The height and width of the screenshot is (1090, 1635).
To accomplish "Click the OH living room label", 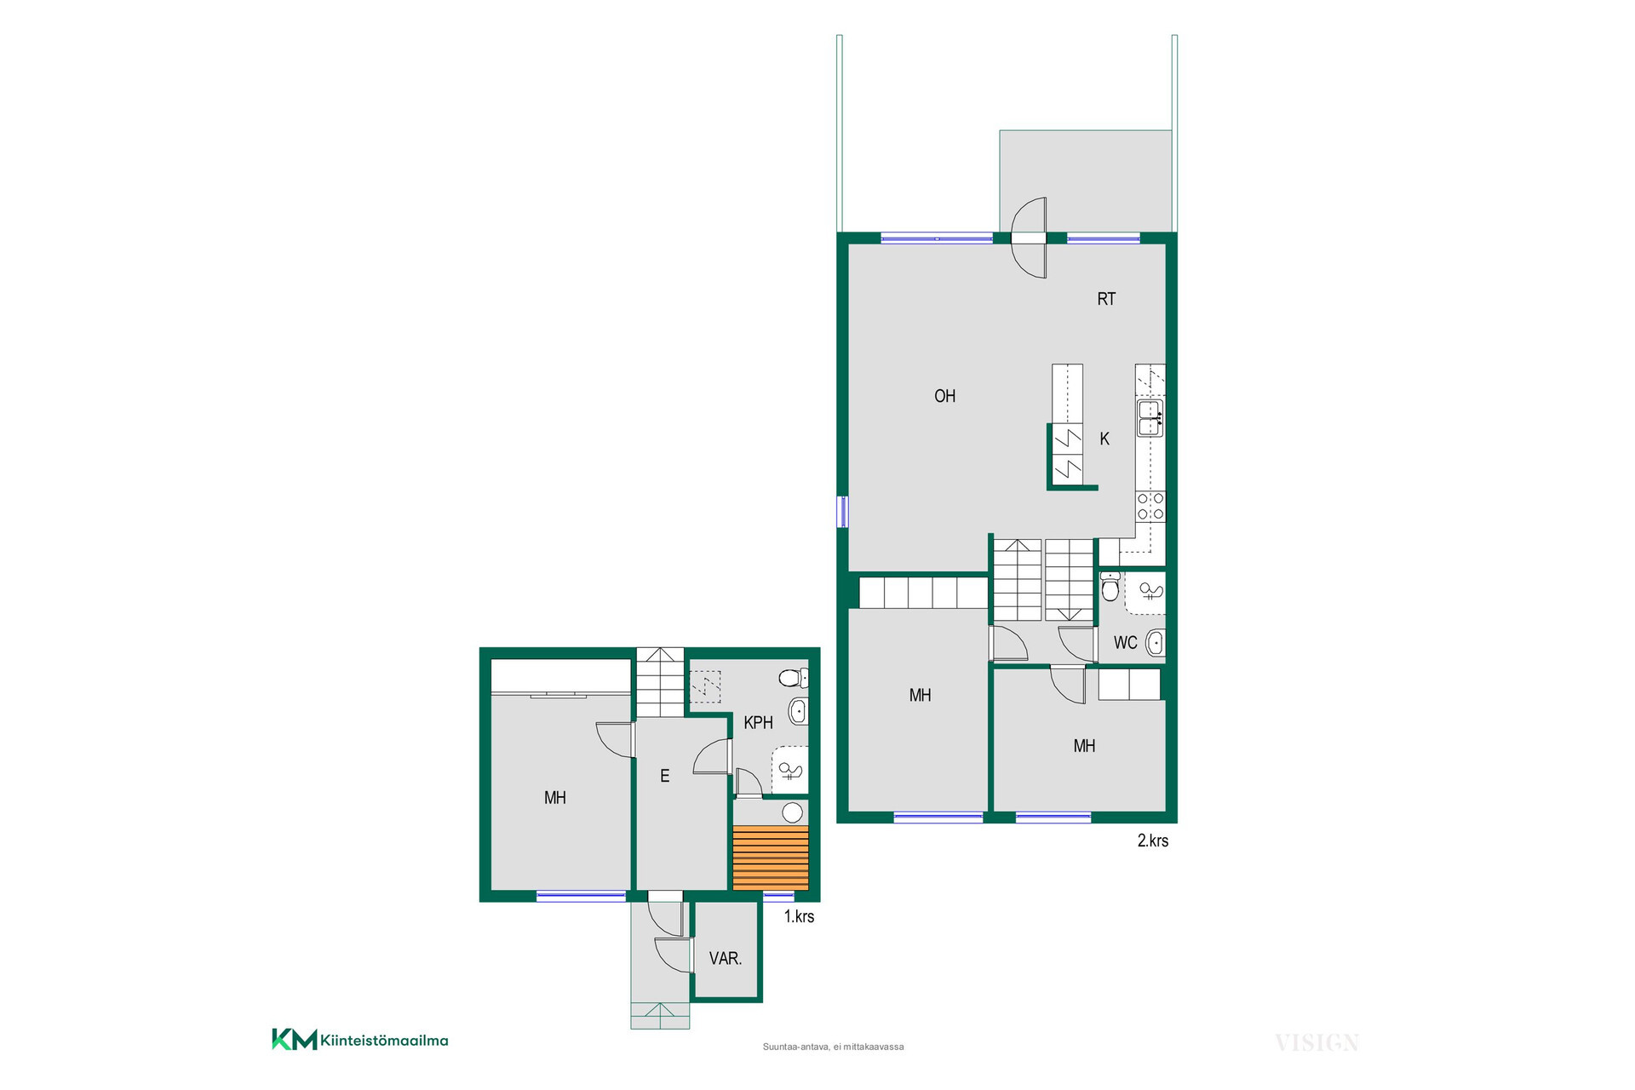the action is coord(944,396).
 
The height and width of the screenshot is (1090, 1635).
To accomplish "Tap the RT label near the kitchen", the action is coord(1106,299).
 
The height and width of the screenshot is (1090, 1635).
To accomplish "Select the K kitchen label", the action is coord(1104,439).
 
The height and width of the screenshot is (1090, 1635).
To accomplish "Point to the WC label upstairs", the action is coord(1125,643).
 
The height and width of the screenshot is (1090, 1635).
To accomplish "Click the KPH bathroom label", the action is coord(758,723).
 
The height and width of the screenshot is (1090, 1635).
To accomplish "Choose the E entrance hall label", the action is coord(665,776).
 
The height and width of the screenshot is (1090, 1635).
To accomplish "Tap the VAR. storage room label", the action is coord(726,959).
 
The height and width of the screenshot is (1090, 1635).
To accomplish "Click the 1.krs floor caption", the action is coord(799,916).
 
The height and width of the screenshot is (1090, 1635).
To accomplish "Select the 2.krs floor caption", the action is coord(1153,840).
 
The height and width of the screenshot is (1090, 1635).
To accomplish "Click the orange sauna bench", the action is coord(771,858).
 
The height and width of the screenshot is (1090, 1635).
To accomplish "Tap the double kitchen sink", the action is coord(1150,418).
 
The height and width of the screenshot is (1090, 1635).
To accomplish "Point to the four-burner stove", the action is coord(1150,506).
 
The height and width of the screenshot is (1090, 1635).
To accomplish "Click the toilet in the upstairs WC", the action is coord(1110,587).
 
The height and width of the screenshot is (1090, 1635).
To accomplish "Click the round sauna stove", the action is coord(793,812).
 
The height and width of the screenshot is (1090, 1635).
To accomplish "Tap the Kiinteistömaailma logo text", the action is coord(384,1041).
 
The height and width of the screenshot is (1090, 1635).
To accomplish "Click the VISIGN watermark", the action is coord(1317,1042).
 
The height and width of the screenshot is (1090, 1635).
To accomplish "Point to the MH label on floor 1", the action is coord(555,798).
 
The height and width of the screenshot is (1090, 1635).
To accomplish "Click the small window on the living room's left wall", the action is coord(842,512).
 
